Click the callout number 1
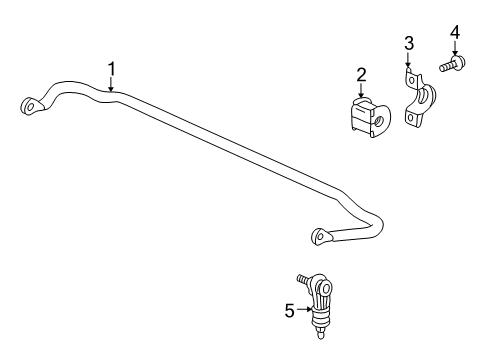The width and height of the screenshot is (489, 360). click(112, 68)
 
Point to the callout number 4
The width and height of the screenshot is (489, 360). click(455, 33)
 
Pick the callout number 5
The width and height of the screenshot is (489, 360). click(289, 311)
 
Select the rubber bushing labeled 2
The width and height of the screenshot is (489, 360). click(365, 117)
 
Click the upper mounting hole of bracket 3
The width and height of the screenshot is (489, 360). click(409, 76)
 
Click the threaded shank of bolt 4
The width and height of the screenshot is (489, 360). click(445, 66)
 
